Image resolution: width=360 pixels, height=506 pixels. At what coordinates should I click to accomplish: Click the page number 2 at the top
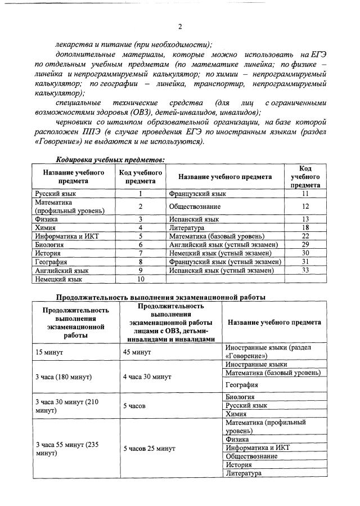pyautogui.click(x=180, y=27)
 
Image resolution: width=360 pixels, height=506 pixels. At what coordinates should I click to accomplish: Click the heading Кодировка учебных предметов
pyautogui.click(x=110, y=159)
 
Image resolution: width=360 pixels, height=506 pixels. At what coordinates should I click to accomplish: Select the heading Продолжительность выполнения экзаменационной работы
pyautogui.click(x=160, y=297)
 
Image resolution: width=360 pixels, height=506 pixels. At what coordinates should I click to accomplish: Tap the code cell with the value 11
pyautogui.click(x=305, y=194)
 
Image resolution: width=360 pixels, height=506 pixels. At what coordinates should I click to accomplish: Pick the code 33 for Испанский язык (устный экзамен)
pyautogui.click(x=305, y=270)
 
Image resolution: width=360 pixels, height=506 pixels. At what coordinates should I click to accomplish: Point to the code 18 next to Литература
pyautogui.click(x=305, y=227)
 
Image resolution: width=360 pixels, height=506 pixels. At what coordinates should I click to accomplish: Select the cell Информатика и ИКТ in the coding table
pyautogui.click(x=67, y=236)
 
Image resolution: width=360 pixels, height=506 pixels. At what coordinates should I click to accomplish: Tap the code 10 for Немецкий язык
pyautogui.click(x=141, y=279)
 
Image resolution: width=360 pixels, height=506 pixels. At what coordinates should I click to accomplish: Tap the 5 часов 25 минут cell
pyautogui.click(x=149, y=448)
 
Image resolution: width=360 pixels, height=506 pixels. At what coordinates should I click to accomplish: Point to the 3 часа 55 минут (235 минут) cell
pyautogui.click(x=67, y=448)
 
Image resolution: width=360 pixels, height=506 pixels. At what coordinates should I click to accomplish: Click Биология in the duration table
pyautogui.click(x=240, y=397)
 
